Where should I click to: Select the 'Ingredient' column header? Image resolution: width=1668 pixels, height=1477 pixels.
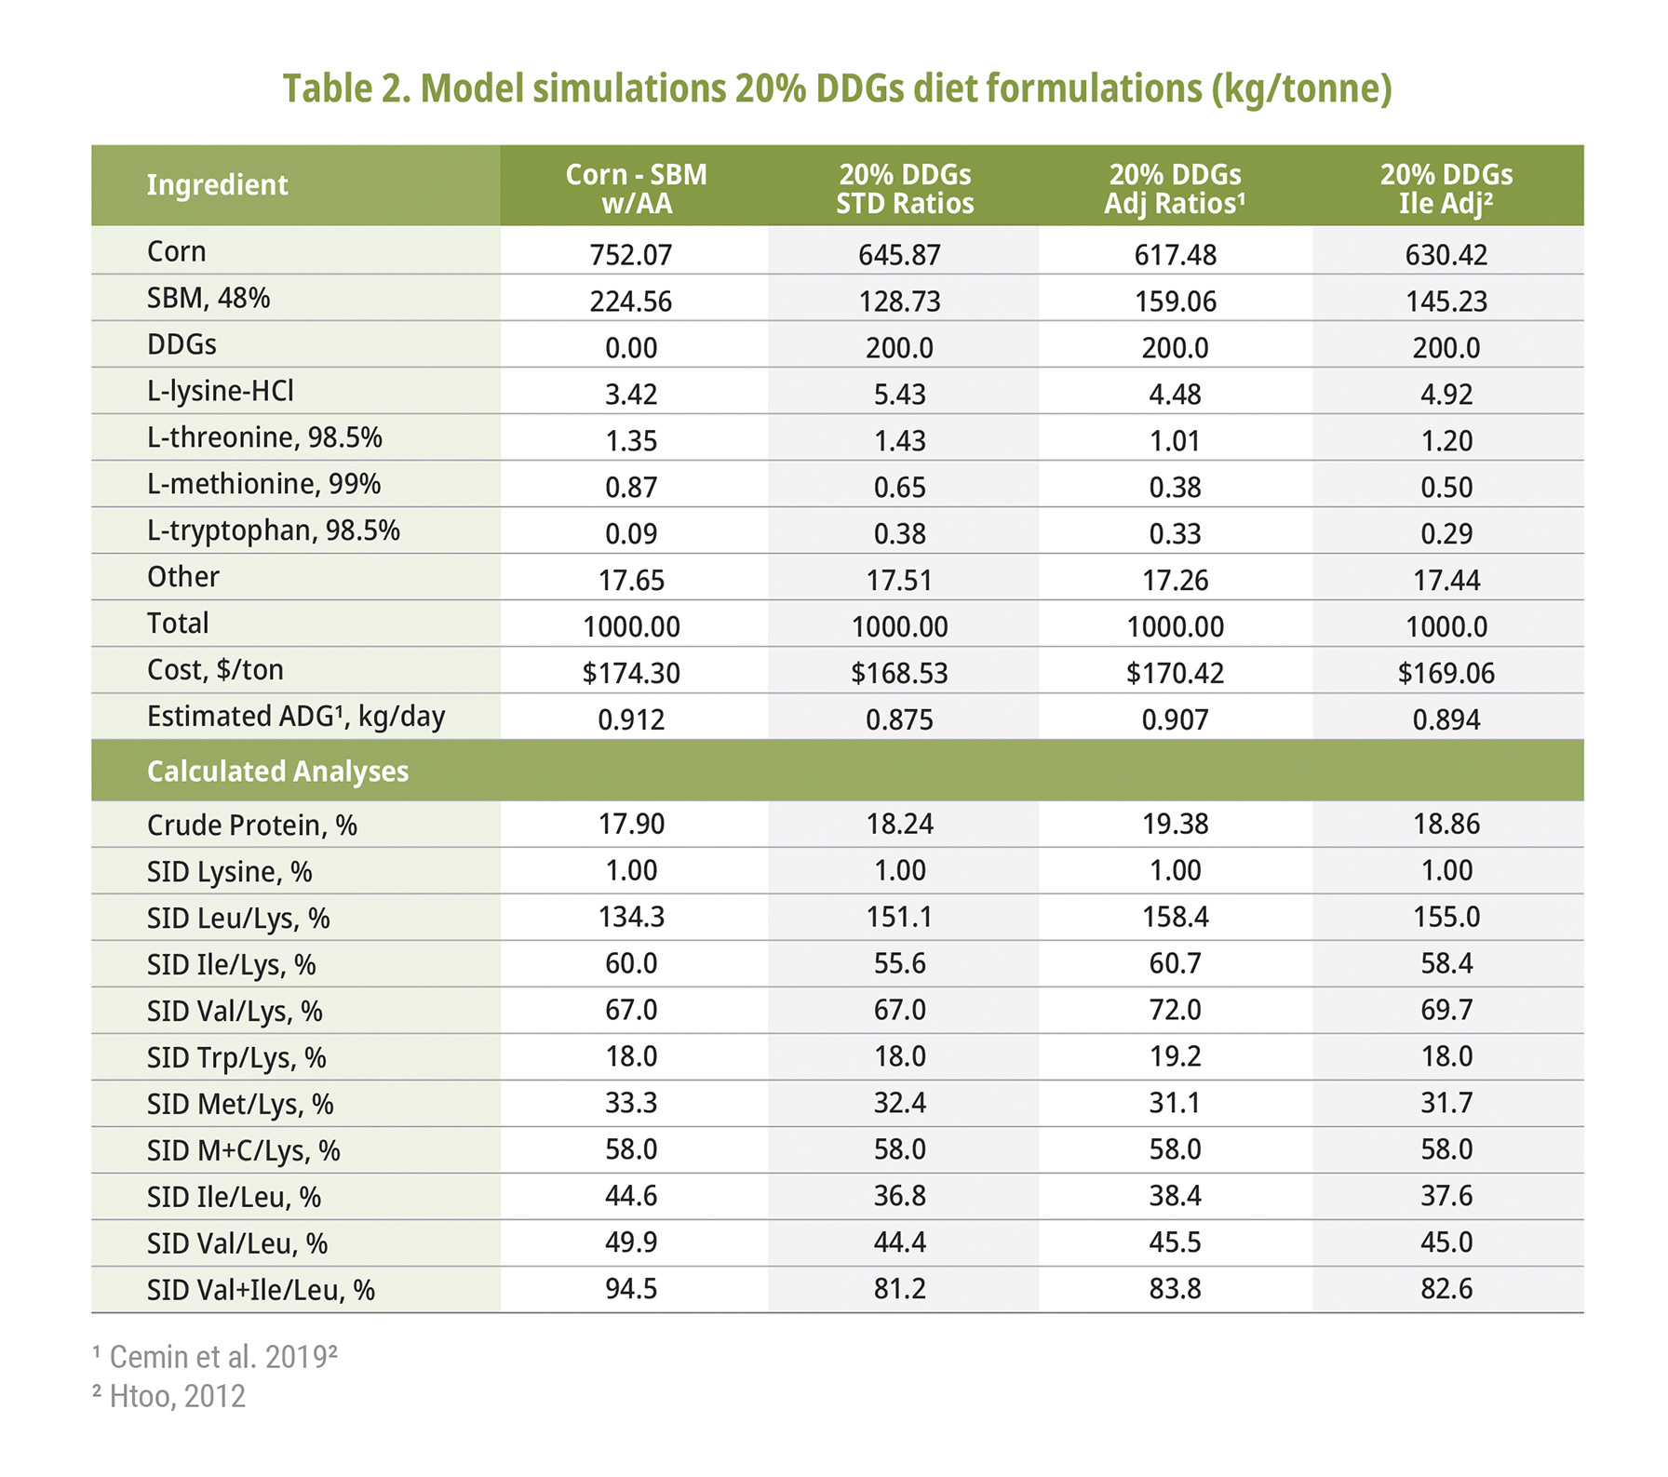pyautogui.click(x=217, y=185)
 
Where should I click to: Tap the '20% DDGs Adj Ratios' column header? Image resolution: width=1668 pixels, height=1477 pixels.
pyautogui.click(x=1175, y=189)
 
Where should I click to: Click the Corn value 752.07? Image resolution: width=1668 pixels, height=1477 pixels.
pyautogui.click(x=630, y=255)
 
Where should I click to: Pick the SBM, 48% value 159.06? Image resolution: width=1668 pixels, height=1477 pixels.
pyautogui.click(x=1175, y=302)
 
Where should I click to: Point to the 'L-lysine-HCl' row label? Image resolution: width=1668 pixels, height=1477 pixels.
pyautogui.click(x=221, y=391)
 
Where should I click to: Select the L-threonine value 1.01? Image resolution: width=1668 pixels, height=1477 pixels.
pyautogui.click(x=1175, y=441)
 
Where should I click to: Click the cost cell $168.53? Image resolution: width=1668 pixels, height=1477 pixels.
pyautogui.click(x=899, y=674)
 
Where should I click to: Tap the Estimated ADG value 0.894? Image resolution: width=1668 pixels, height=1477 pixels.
pyautogui.click(x=1446, y=720)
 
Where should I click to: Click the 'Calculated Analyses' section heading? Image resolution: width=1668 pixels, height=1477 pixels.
pyautogui.click(x=277, y=772)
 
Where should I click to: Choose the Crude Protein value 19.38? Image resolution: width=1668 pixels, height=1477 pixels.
pyautogui.click(x=1175, y=825)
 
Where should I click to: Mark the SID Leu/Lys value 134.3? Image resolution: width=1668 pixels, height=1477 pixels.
pyautogui.click(x=630, y=918)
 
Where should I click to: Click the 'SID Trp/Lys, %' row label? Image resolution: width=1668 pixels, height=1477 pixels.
pyautogui.click(x=236, y=1058)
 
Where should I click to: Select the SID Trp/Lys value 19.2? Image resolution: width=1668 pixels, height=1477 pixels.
pyautogui.click(x=1175, y=1057)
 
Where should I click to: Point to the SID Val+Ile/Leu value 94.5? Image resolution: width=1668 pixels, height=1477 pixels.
pyautogui.click(x=630, y=1290)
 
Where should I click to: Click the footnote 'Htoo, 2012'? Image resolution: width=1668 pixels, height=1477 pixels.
pyautogui.click(x=177, y=1397)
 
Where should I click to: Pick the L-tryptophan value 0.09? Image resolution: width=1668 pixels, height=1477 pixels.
pyautogui.click(x=630, y=534)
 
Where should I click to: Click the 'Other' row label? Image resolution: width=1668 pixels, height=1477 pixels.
pyautogui.click(x=183, y=577)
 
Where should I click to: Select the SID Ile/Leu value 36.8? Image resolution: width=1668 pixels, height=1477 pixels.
pyautogui.click(x=899, y=1197)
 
